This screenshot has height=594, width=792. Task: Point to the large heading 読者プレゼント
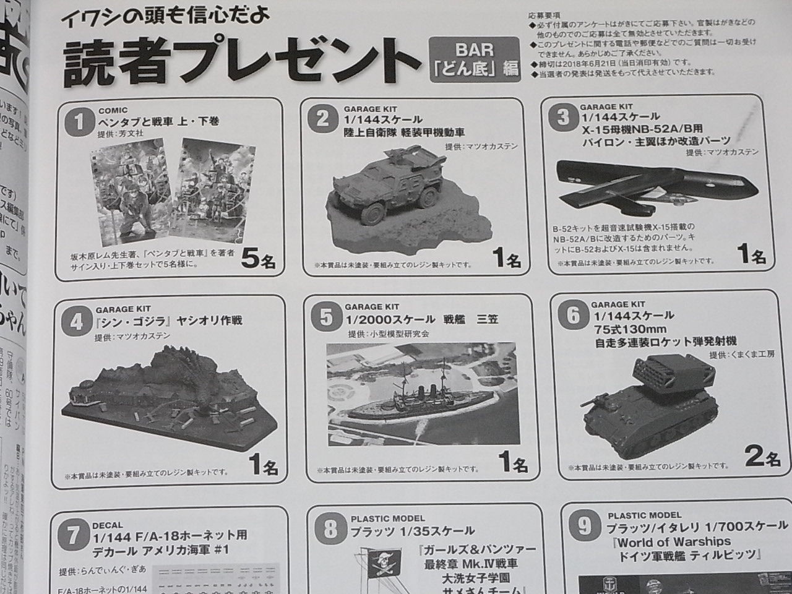238,63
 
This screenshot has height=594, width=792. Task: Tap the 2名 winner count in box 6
762,458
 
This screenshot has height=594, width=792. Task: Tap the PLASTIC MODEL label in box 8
387,519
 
